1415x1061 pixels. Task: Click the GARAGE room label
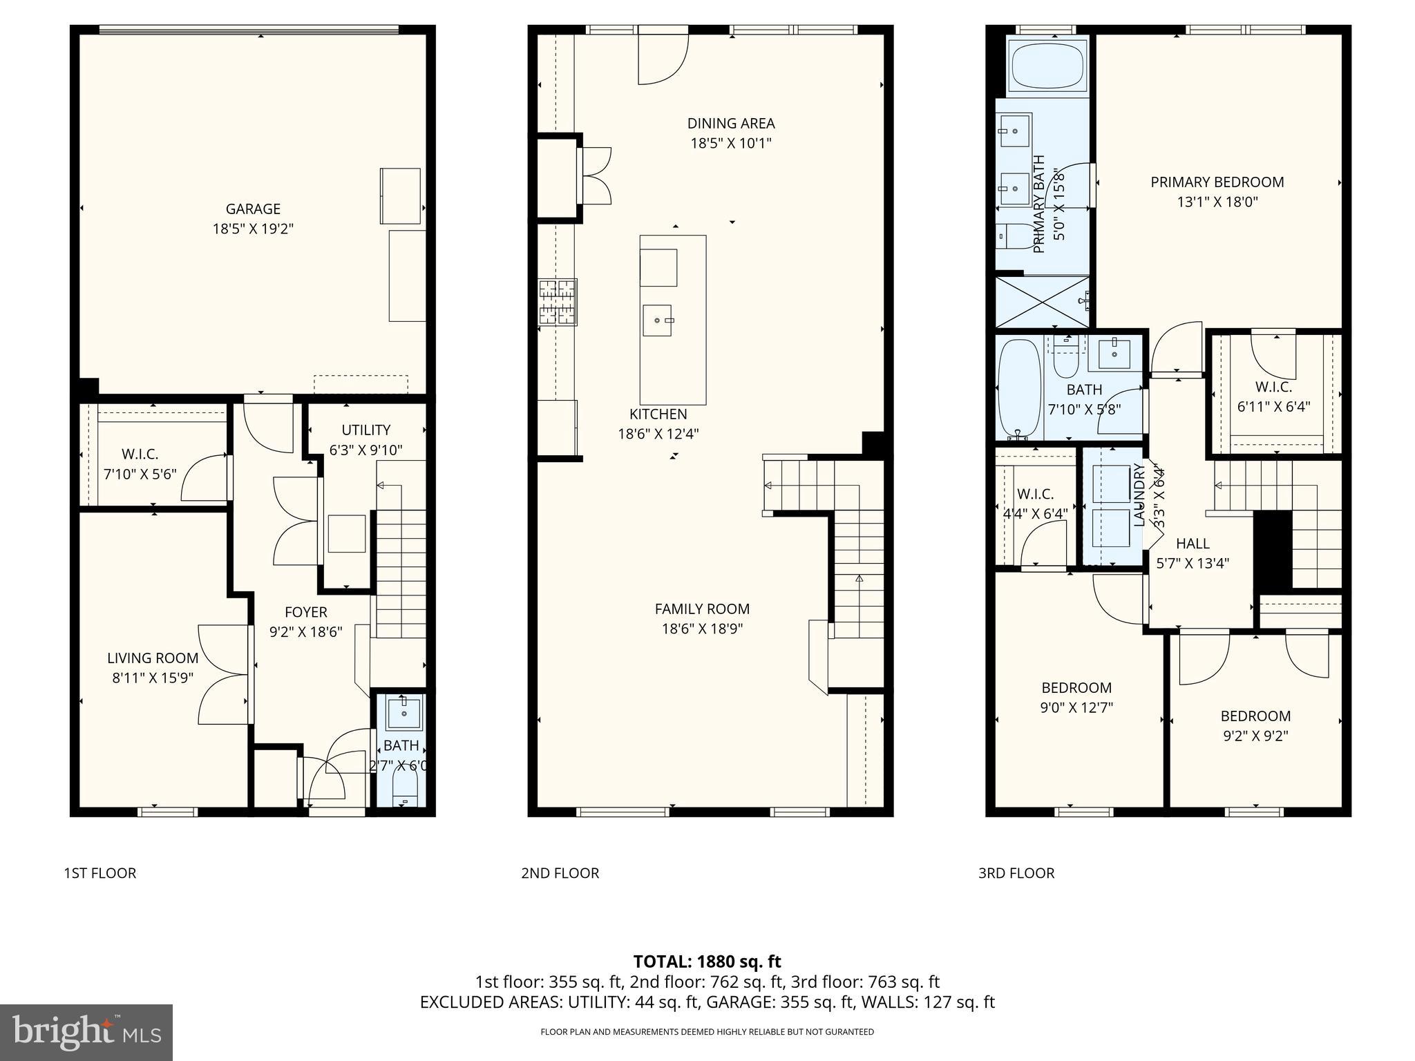(253, 209)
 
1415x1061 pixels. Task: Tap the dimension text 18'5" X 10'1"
(730, 144)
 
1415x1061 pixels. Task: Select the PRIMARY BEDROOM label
(1217, 182)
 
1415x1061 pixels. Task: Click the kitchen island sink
(657, 321)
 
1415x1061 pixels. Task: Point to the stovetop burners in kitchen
(558, 302)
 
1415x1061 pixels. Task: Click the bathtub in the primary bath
(1047, 66)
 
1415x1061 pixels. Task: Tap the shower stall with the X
(1042, 303)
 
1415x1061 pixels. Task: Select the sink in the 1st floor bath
(404, 713)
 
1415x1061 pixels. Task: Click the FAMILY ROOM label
(702, 609)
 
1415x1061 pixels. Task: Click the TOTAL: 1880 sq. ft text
(707, 962)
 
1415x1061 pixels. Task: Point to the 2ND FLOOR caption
(560, 873)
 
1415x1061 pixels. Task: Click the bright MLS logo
(86, 1032)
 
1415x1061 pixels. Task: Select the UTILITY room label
(365, 430)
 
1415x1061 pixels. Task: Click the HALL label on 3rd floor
(1193, 544)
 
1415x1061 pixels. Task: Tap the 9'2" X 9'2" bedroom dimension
(1255, 736)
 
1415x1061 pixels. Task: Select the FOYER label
(305, 612)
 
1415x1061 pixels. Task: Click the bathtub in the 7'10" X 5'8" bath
(1020, 389)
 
